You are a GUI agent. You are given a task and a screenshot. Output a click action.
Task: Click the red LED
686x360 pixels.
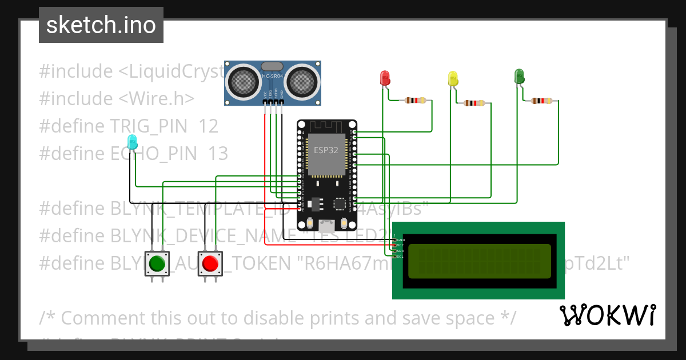click(x=385, y=78)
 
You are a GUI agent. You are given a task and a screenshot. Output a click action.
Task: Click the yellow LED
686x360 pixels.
click(x=453, y=78)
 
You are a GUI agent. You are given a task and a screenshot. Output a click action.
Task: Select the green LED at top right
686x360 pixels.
click(x=519, y=75)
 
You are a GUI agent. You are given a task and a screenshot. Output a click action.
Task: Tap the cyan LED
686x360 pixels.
click(x=132, y=142)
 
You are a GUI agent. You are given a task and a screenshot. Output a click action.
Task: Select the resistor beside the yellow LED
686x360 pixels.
click(x=474, y=103)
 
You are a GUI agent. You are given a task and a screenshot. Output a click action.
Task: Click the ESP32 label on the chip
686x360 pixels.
click(x=326, y=150)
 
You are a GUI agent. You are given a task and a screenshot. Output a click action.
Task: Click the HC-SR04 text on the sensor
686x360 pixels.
click(x=273, y=76)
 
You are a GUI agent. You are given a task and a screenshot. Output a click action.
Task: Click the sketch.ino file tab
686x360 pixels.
click(x=101, y=25)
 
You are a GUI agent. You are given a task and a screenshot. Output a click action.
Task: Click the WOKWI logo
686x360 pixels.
click(x=607, y=315)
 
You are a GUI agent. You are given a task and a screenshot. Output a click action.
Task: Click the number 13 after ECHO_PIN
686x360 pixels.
click(x=217, y=153)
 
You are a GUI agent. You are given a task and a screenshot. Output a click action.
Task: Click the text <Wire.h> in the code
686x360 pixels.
click(x=156, y=98)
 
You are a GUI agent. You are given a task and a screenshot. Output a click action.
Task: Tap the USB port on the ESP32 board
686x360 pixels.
click(x=327, y=224)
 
